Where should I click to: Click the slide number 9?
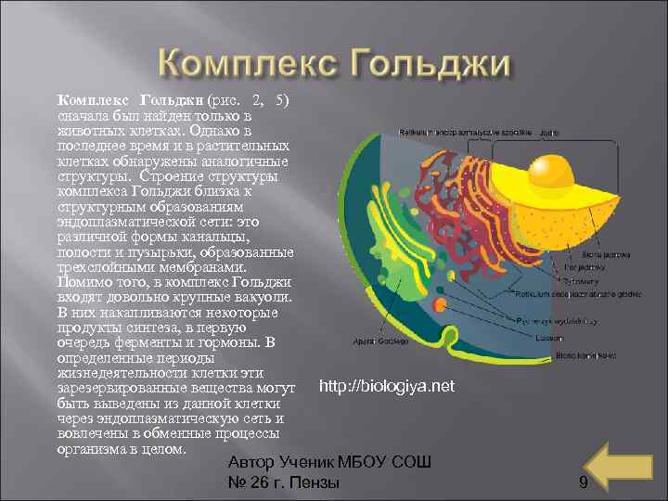[x=583, y=482]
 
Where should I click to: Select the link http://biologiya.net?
[x=386, y=385]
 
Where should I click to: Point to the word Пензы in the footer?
[x=314, y=482]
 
